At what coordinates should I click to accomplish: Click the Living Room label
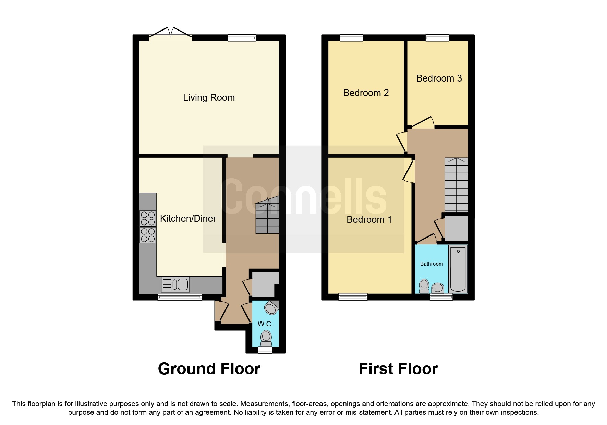(209, 98)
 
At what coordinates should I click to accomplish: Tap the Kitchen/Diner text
(188, 218)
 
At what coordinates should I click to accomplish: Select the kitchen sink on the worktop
(175, 284)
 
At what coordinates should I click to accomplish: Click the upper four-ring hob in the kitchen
(148, 218)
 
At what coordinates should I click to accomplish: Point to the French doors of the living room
(170, 33)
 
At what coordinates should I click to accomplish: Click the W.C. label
(265, 324)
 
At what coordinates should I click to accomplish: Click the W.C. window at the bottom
(265, 350)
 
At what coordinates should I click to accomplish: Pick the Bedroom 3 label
(439, 78)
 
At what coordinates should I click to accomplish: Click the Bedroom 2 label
(366, 93)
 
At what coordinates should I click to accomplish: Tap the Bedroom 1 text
(369, 220)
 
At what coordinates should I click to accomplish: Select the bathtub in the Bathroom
(458, 269)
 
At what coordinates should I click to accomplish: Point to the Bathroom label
(432, 264)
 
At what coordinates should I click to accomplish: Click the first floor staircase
(456, 185)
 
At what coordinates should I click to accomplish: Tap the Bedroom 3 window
(437, 38)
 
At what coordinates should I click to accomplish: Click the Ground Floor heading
(209, 369)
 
